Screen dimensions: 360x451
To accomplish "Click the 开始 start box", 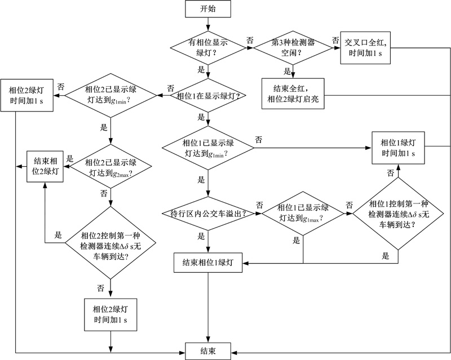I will click(209, 10).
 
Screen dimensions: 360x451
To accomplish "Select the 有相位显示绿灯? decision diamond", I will click(209, 48).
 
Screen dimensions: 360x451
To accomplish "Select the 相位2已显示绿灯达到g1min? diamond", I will click(112, 96).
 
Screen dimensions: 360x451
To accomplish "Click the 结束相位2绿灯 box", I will click(45, 166).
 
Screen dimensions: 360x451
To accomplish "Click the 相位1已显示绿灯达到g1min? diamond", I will click(209, 148).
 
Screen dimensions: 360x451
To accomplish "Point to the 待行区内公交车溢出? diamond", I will click(209, 214).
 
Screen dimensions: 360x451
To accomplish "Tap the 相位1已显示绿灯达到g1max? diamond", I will click(303, 214).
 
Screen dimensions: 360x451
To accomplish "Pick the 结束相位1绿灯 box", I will click(209, 263).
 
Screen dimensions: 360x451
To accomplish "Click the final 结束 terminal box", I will click(209, 350).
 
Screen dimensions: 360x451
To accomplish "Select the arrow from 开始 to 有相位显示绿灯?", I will click(209, 25).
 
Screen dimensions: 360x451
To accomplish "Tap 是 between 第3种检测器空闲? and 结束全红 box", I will click(287, 71).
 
